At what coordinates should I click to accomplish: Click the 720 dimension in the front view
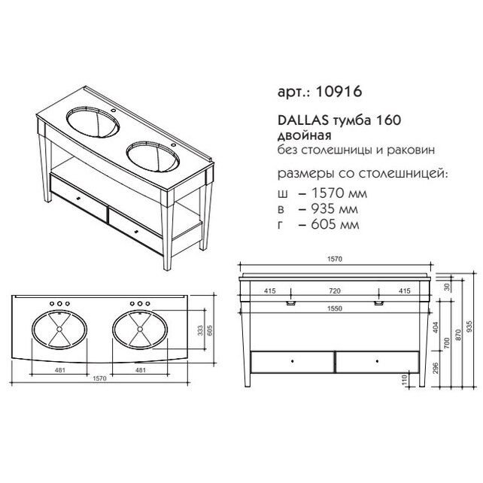pos(335,290)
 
